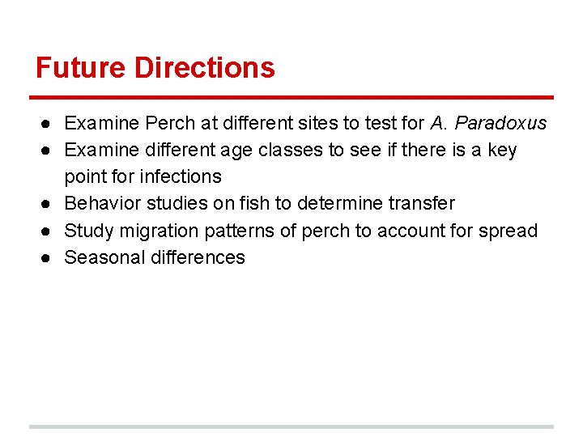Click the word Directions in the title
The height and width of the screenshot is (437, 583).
(205, 67)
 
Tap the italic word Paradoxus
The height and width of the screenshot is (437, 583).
(501, 124)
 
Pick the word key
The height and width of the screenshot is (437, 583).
(501, 151)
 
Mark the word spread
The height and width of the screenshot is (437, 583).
(510, 231)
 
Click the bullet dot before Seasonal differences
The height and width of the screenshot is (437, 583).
(49, 257)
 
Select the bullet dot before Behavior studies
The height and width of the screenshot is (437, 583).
(49, 203)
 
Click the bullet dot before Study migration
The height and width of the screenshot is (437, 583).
(49, 231)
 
